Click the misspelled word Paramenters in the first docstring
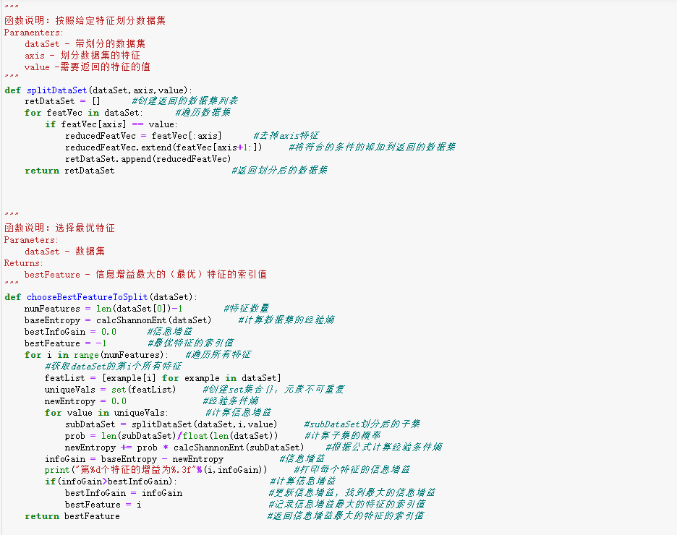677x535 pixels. [33, 33]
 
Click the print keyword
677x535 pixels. [57, 470]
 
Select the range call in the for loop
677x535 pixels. [85, 355]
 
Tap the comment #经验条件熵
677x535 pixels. [231, 401]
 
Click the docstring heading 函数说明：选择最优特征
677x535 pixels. [59, 228]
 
